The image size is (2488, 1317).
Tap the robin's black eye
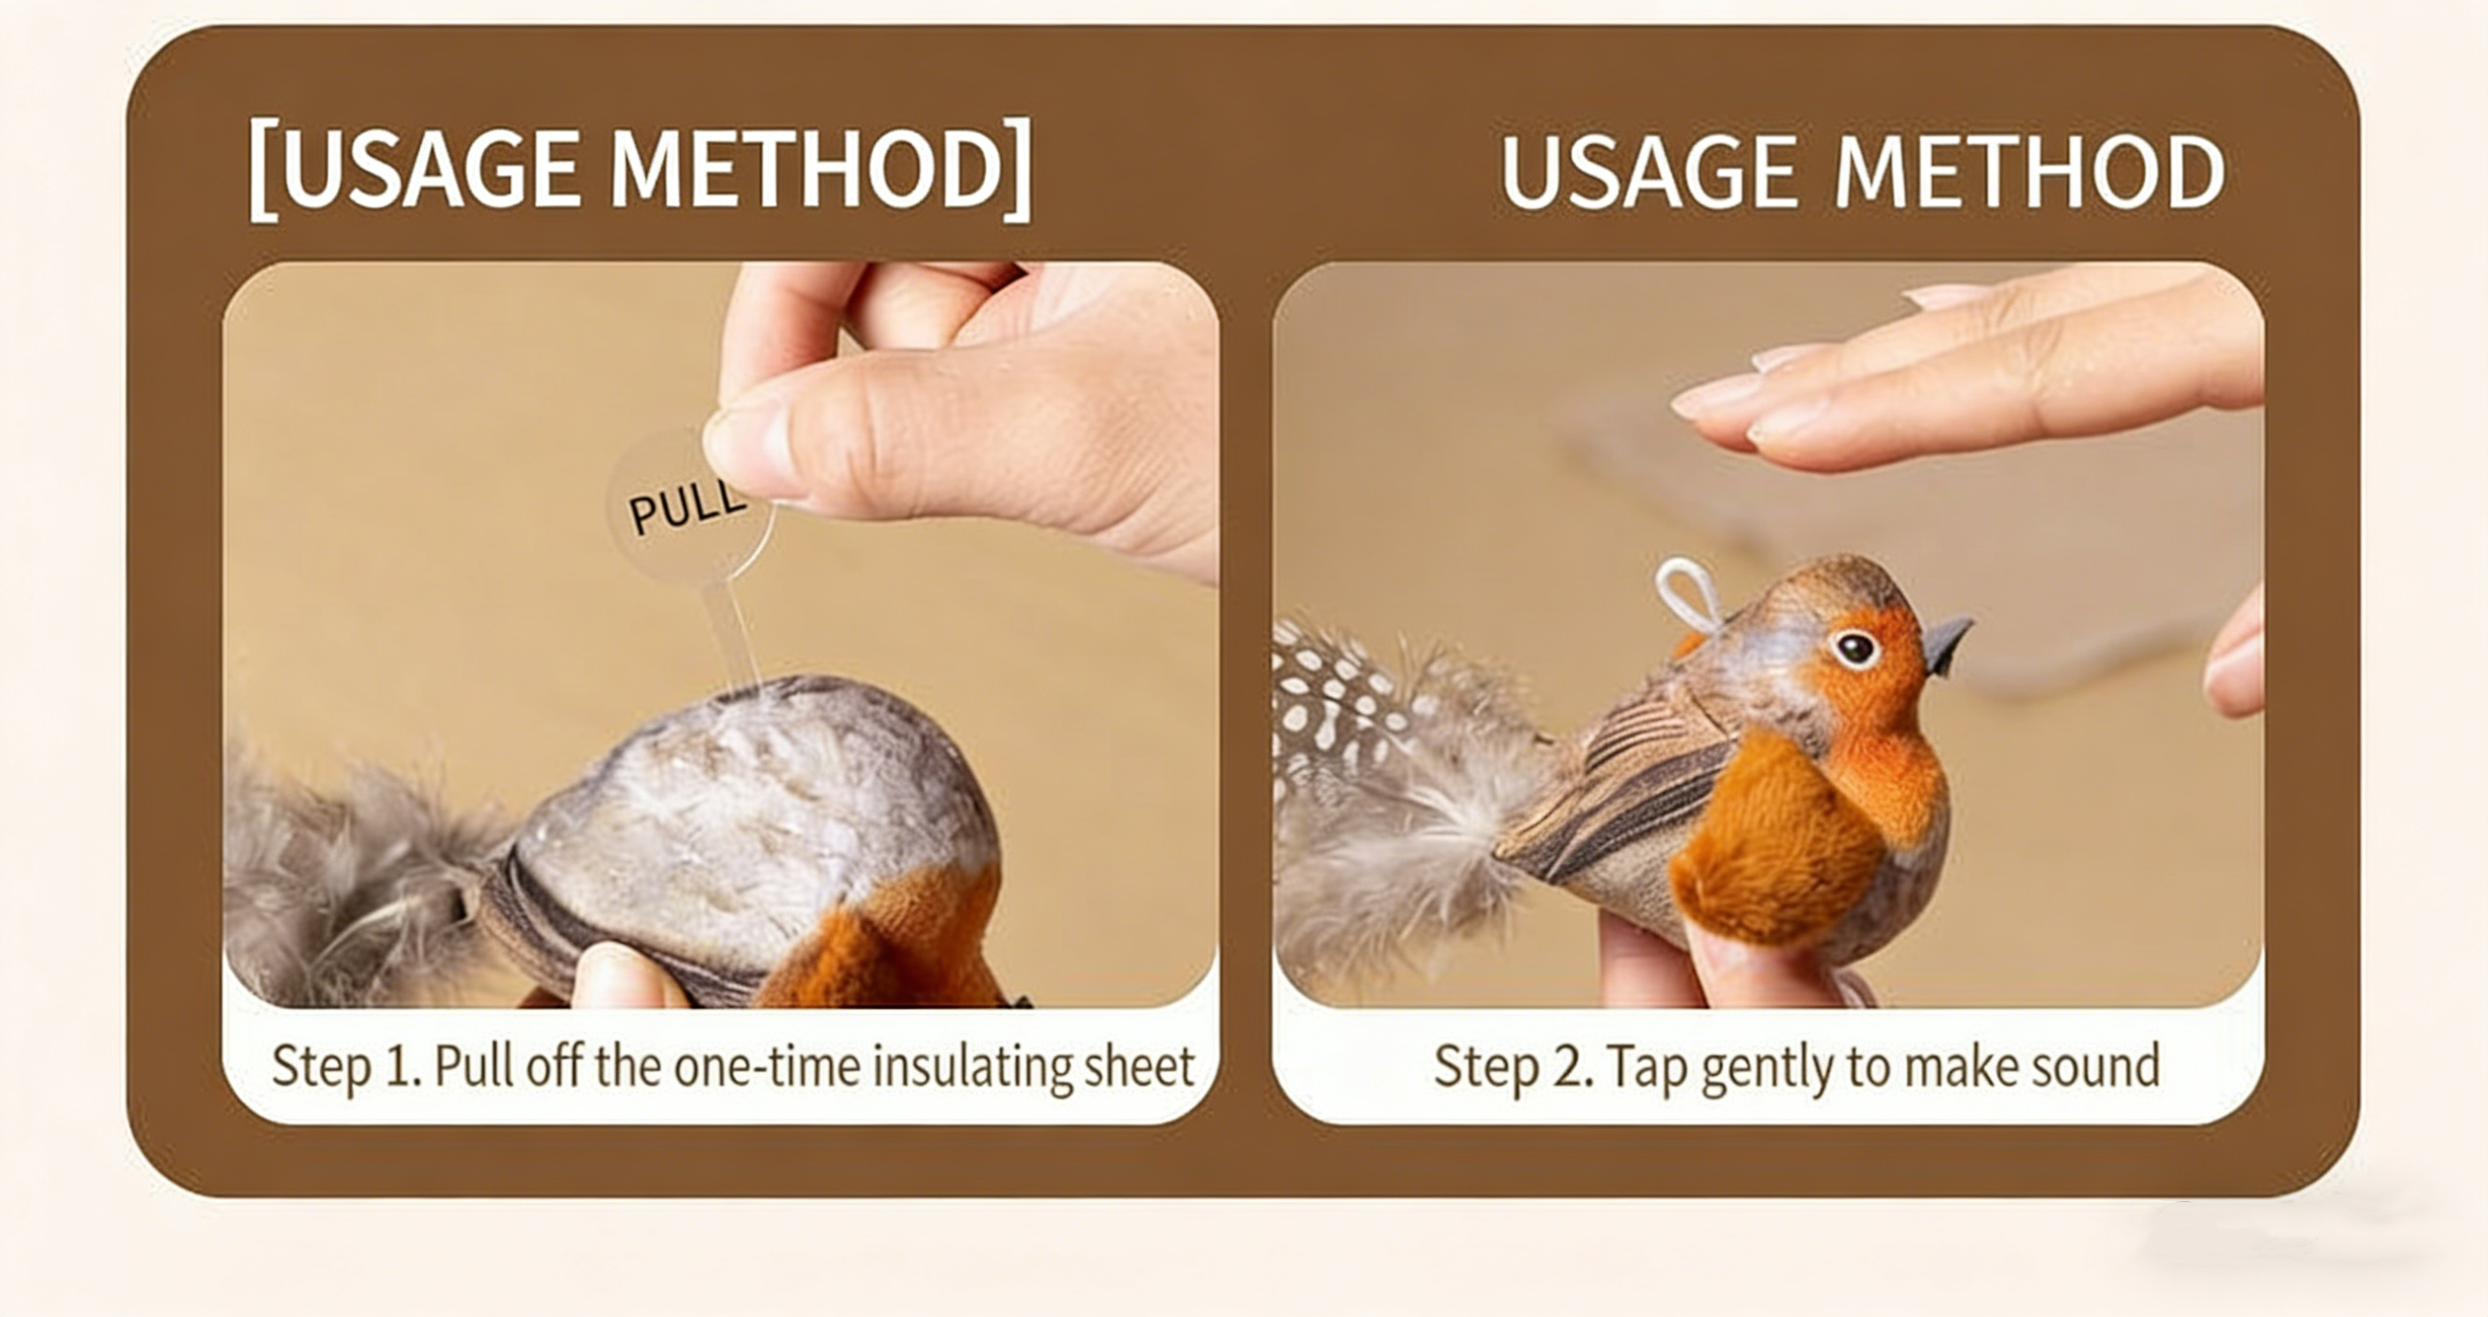[1854, 648]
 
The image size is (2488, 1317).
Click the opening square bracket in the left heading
[261, 170]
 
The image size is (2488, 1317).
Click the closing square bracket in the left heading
[1017, 170]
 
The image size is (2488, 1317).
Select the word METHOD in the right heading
[2029, 171]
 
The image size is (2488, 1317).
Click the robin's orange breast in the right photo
[1787, 831]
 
